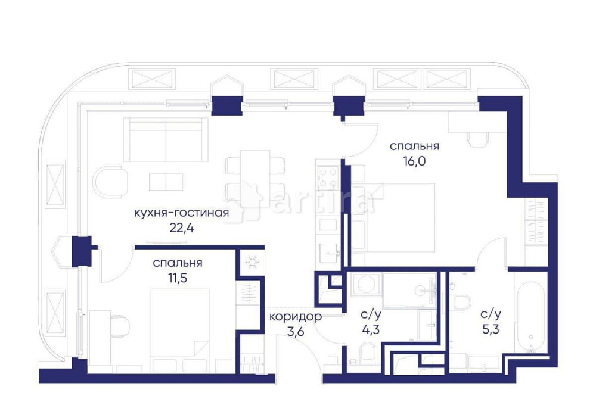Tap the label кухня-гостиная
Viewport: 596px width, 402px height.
click(x=181, y=213)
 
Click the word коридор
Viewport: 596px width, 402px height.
click(x=295, y=316)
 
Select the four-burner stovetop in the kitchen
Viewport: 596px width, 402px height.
click(x=328, y=176)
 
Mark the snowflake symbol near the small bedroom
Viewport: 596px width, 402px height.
click(x=249, y=263)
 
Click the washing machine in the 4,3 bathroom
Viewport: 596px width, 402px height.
click(x=362, y=284)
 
